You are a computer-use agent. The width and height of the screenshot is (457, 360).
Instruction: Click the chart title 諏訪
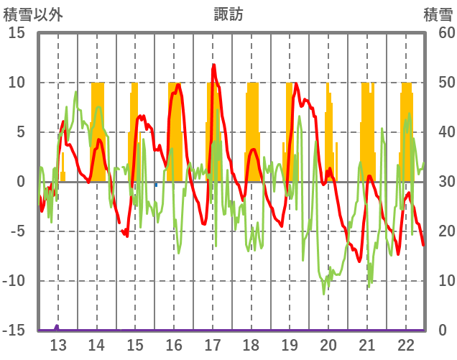[228, 14]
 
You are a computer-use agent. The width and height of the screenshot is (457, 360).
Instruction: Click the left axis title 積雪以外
[33, 14]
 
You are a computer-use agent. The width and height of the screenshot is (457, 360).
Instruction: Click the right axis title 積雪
[438, 14]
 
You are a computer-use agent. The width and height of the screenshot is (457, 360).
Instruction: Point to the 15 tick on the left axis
[16, 33]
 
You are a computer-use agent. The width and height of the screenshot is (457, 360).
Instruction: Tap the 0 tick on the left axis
[21, 182]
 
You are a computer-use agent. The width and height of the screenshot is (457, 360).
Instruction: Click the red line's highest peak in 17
[213, 65]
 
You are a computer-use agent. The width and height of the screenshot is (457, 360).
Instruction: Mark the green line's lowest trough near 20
[324, 294]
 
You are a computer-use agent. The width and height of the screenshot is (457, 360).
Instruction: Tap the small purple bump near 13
[57, 327]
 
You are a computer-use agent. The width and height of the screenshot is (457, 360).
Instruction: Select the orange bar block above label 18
[252, 122]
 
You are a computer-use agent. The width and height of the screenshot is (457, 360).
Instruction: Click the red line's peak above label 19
[295, 83]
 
